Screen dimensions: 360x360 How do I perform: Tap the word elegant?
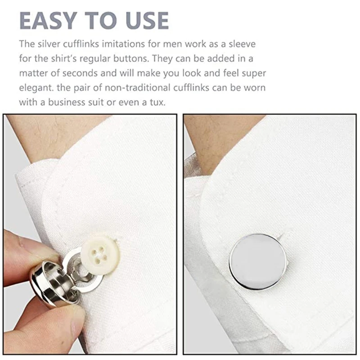tap(35, 87)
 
